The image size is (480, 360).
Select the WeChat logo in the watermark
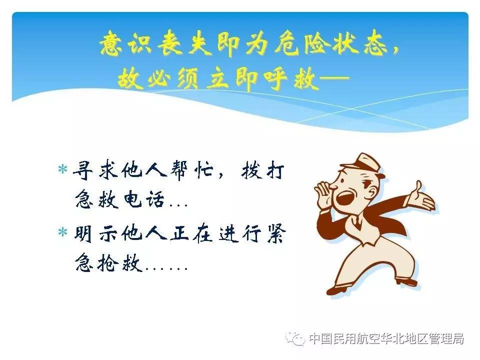click(x=295, y=338)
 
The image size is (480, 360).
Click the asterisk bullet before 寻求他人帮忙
click(x=62, y=169)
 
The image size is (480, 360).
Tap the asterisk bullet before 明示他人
click(x=62, y=232)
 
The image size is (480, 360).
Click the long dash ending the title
click(x=333, y=78)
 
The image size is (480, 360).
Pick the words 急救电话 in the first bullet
click(x=119, y=199)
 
